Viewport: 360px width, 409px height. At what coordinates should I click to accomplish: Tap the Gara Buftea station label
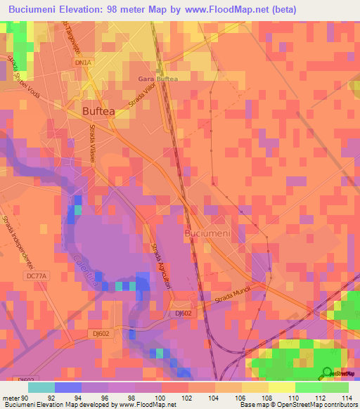[x=158, y=79]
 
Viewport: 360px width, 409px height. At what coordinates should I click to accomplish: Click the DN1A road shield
[x=84, y=63]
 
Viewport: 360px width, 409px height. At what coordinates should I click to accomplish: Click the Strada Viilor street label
[x=142, y=96]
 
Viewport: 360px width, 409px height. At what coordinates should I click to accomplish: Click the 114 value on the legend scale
[x=348, y=398]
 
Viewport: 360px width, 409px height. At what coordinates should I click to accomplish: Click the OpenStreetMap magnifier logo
[x=325, y=373]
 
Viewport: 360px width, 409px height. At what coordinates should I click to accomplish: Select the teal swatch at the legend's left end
[x=41, y=387]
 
